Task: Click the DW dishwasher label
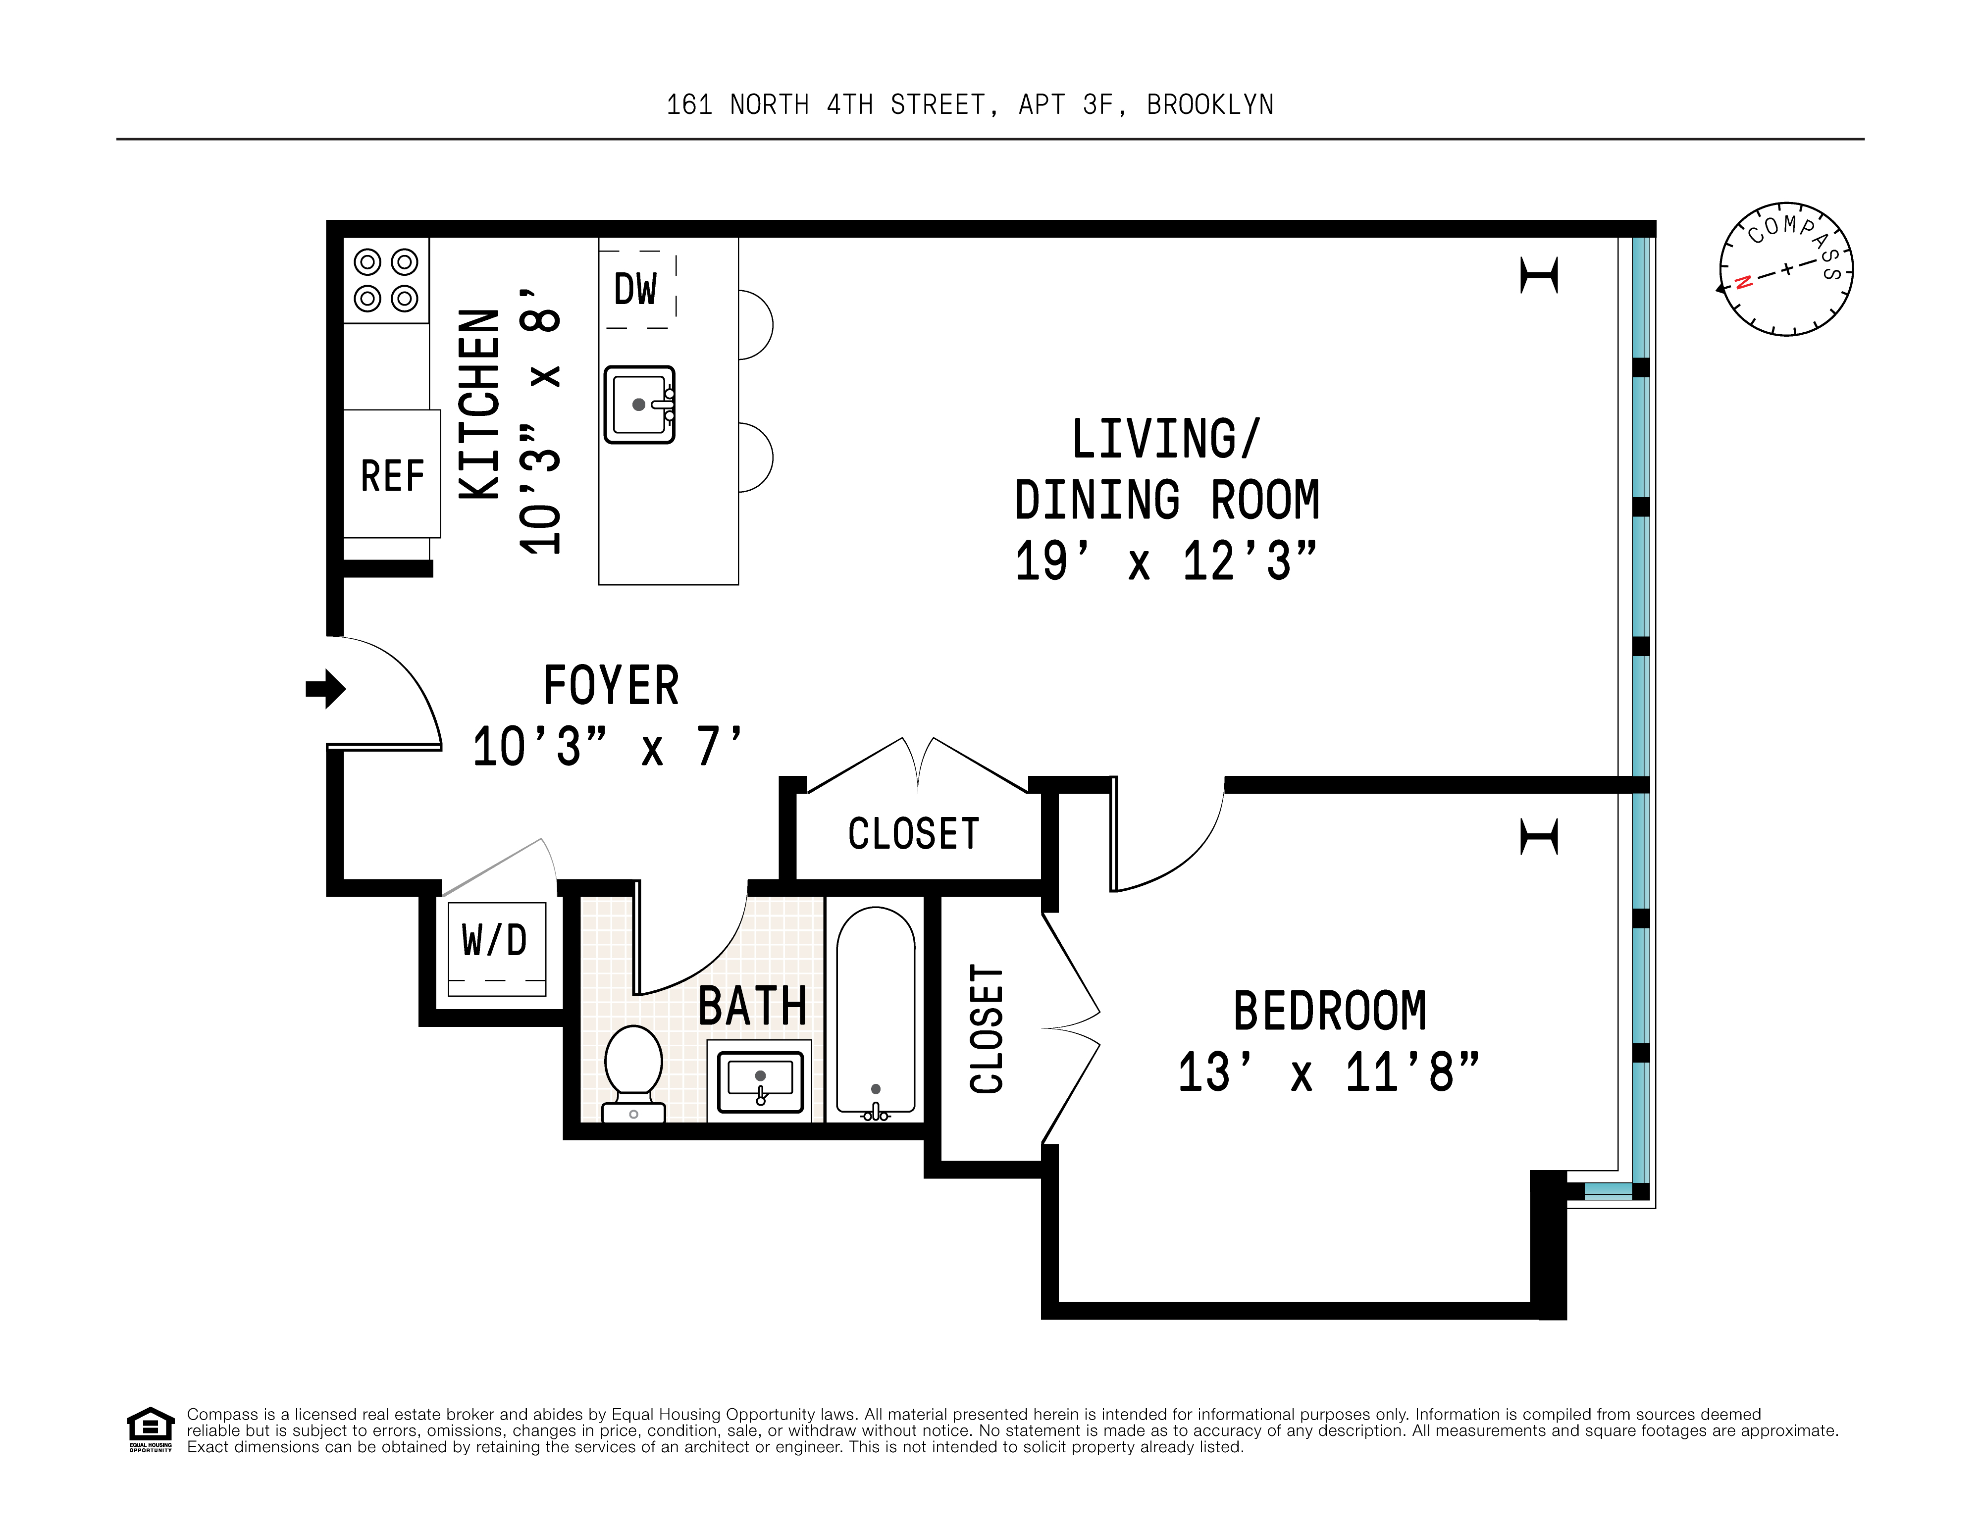pos(635,290)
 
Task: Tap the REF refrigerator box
pos(392,475)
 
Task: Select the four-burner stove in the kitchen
pos(385,280)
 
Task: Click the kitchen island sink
pos(639,404)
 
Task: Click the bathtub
pos(875,1011)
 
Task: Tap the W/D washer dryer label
pos(495,941)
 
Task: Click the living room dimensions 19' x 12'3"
pos(1165,561)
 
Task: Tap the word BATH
pos(752,1006)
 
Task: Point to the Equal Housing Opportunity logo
pos(150,1428)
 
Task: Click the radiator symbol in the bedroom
pos(1539,836)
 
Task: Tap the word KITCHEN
pos(479,404)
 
